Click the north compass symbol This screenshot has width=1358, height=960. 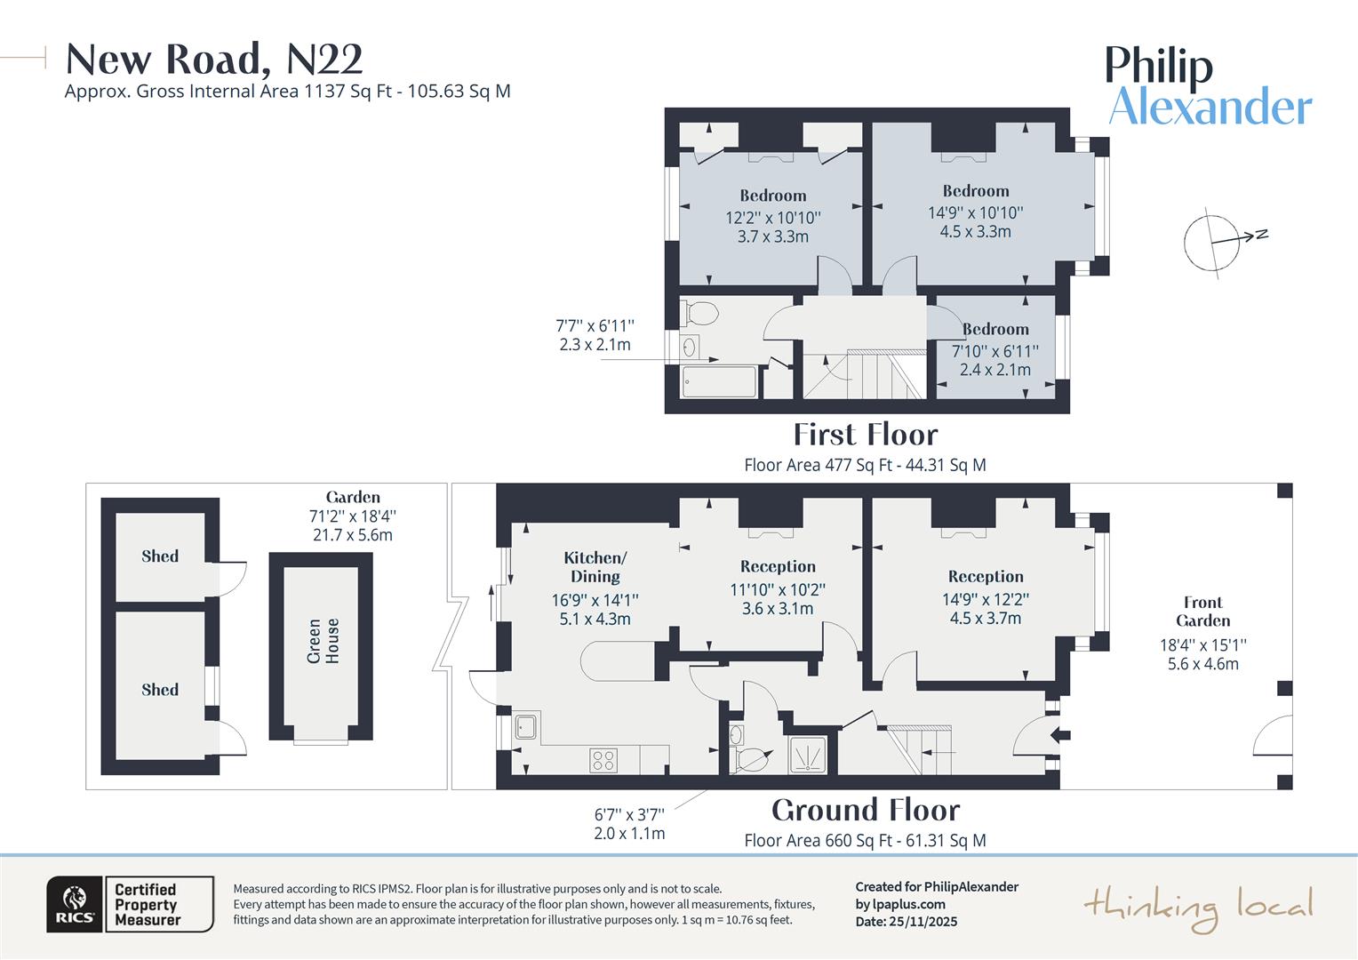(x=1212, y=242)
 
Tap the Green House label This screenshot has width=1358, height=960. (x=323, y=641)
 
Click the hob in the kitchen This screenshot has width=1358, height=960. (x=603, y=760)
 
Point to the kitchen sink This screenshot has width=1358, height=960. (x=526, y=726)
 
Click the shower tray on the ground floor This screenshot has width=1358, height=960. (x=807, y=755)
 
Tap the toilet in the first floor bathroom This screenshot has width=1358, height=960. (x=700, y=314)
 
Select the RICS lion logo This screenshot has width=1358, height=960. (x=75, y=904)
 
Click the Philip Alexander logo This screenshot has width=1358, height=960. (x=1208, y=86)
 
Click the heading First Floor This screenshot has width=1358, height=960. (x=865, y=435)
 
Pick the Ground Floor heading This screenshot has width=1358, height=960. (x=865, y=811)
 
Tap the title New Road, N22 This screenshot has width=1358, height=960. (x=214, y=60)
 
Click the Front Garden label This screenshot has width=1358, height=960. (x=1202, y=612)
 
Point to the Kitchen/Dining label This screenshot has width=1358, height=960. (x=595, y=566)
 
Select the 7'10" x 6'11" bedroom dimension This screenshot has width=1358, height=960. (x=995, y=351)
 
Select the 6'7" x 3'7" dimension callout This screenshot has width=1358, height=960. (x=629, y=813)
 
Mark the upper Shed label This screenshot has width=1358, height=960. (x=160, y=556)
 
